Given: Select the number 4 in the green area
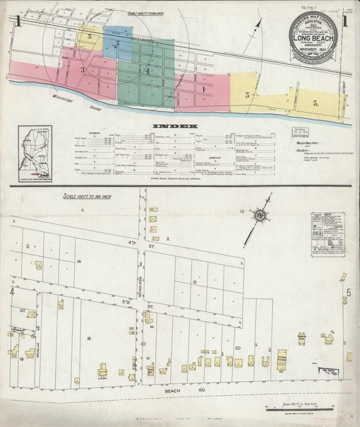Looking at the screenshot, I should click(x=146, y=70).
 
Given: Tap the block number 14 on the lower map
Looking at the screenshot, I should click(x=79, y=261).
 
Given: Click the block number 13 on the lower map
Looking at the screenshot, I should click(x=195, y=280).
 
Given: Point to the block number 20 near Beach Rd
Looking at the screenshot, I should click(x=238, y=348).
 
